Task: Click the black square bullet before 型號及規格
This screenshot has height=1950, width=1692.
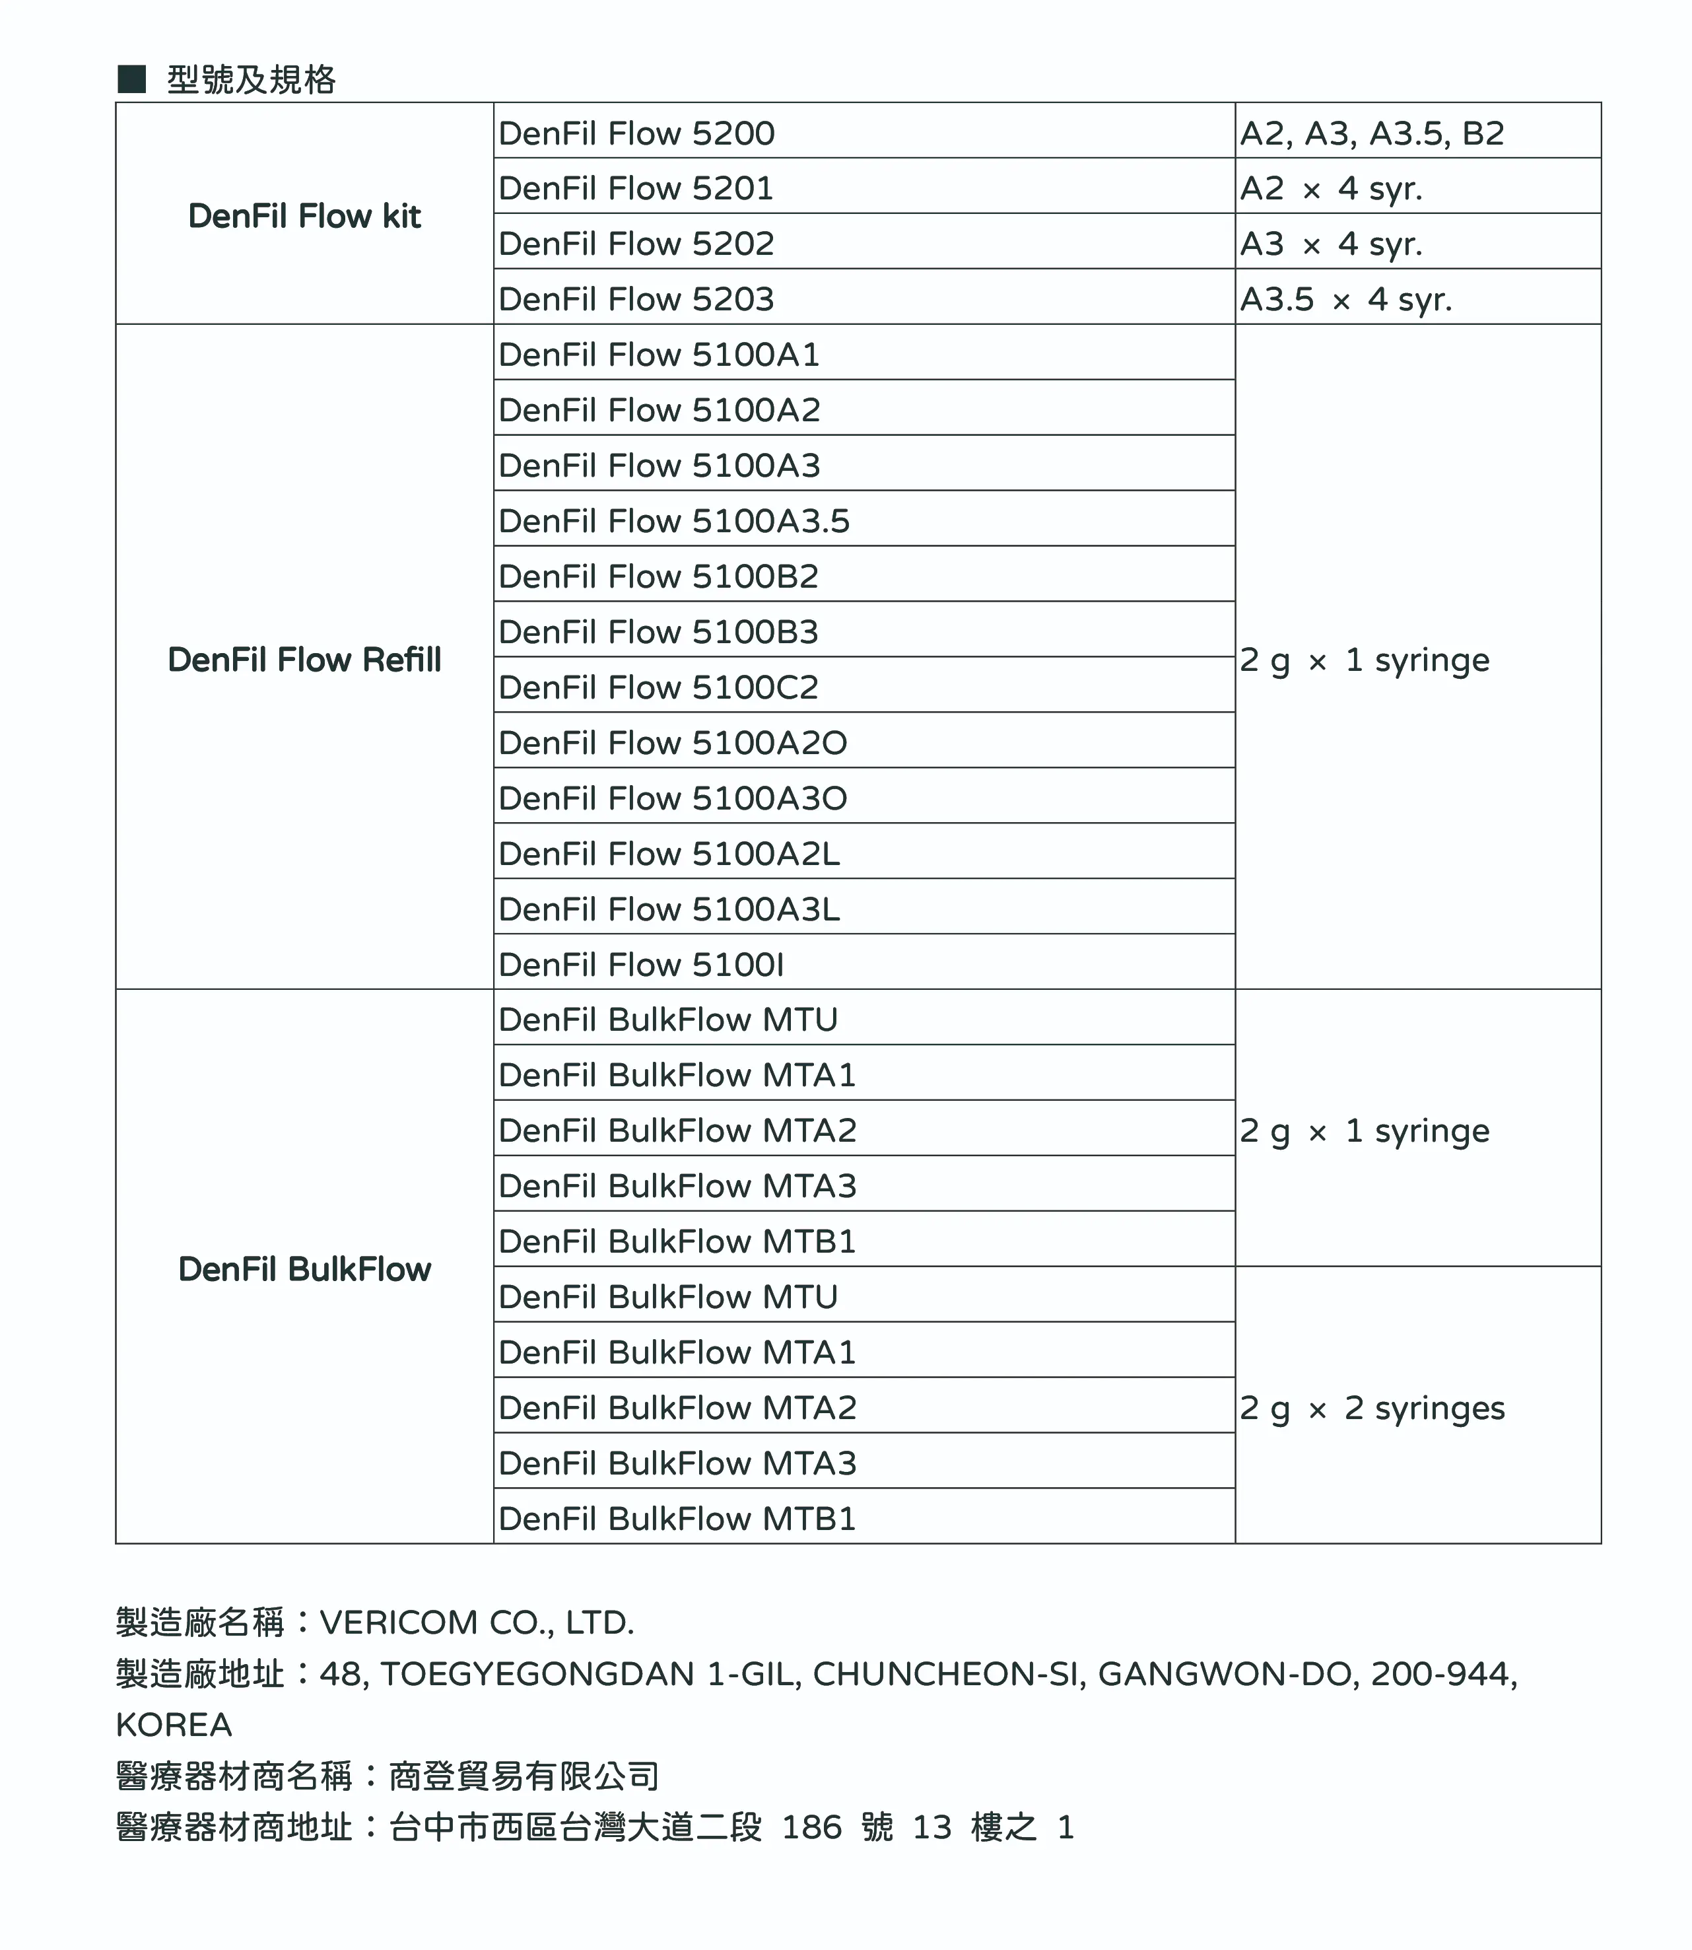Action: pos(131,79)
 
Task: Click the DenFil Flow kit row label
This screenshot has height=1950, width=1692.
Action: pos(304,216)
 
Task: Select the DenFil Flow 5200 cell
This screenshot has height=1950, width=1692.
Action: pos(636,133)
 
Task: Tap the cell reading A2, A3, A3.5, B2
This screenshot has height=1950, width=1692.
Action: pos(1371,133)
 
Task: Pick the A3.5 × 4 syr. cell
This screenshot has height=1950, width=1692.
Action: pos(1345,299)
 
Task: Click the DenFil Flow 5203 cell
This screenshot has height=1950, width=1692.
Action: pos(636,299)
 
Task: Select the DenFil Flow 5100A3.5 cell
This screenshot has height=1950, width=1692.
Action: pos(674,521)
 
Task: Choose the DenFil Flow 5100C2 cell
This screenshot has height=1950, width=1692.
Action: pos(658,687)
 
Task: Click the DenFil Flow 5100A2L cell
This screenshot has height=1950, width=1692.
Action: pos(669,854)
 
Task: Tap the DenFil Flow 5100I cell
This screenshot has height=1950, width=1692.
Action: pos(641,965)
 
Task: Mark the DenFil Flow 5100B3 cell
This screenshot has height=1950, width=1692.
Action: pos(658,632)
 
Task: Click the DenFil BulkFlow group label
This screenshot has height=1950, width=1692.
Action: pos(304,1269)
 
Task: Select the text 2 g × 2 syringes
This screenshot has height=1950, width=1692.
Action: pos(1371,1408)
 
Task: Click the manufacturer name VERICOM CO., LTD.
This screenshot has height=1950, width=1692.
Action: pos(477,1622)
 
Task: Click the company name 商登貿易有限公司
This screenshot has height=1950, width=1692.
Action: pos(524,1776)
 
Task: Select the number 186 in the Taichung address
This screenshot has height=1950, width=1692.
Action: pos(811,1827)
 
